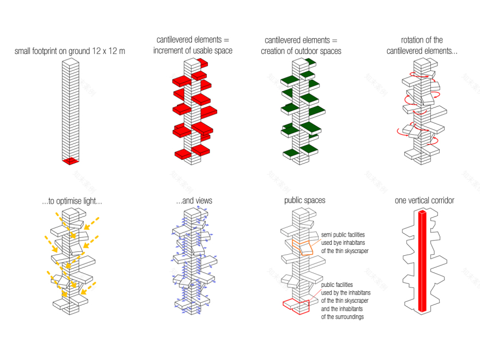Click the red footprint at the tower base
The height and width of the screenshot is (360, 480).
click(71, 161)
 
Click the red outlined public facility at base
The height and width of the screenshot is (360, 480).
click(296, 307)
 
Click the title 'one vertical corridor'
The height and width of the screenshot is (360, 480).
click(424, 201)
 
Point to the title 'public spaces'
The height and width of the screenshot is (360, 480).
click(304, 201)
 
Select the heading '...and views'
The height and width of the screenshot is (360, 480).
click(194, 201)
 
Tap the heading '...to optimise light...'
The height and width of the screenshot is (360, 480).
click(72, 201)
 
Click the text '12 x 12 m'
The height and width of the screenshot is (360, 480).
click(109, 51)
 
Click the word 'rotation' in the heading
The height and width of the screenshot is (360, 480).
click(412, 40)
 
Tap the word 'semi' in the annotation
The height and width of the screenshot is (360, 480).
click(326, 235)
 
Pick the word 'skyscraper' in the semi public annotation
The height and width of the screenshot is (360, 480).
click(356, 251)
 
